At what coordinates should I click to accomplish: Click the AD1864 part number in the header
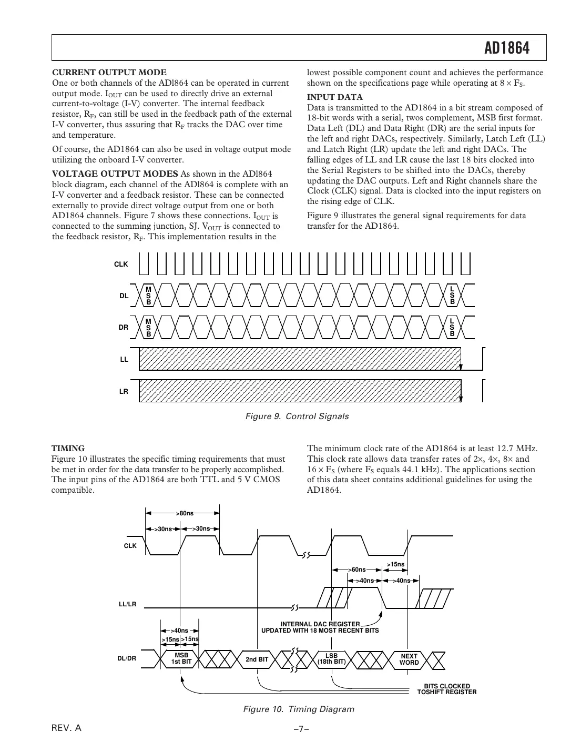(506, 48)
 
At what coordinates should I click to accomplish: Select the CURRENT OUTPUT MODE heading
(109, 73)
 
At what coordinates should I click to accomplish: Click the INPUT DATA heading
(334, 97)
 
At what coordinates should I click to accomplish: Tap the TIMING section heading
(68, 449)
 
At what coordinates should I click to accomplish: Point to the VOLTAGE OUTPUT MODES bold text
(115, 174)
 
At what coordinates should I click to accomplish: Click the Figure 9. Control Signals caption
(297, 416)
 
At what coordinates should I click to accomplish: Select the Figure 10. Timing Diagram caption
(298, 709)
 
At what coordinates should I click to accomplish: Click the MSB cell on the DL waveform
(148, 296)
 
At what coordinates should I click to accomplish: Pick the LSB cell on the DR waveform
(452, 327)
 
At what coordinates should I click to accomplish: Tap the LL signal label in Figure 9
(124, 360)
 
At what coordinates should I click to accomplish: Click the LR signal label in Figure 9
(124, 391)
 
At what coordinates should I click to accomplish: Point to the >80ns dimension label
(185, 513)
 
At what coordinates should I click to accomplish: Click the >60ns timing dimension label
(357, 570)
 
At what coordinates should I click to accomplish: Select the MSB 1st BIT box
(181, 659)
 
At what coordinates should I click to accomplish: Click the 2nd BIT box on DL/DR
(257, 659)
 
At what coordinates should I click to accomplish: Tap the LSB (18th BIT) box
(332, 659)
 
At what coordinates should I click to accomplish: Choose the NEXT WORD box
(409, 659)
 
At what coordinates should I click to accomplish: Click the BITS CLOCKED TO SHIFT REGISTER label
(447, 689)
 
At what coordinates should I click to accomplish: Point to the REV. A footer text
(66, 728)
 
